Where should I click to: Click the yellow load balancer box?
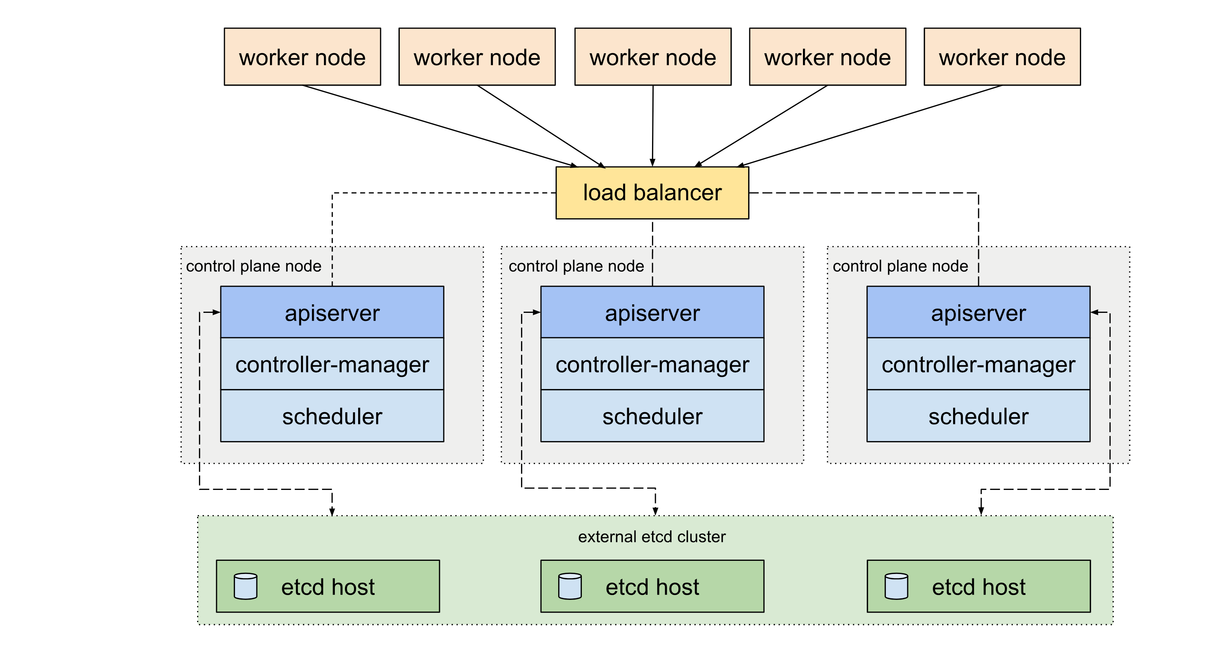pos(652,192)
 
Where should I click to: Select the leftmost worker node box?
pos(302,57)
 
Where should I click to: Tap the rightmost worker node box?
pos(1002,57)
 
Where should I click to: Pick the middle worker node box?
pos(653,57)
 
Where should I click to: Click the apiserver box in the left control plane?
pos(332,312)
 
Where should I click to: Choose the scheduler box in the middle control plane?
pos(652,416)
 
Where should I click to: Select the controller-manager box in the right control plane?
pos(979,364)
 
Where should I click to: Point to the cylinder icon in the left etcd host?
pos(246,586)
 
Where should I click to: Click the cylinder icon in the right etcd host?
pos(896,586)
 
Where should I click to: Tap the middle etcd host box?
pos(652,586)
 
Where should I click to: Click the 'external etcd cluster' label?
pos(652,537)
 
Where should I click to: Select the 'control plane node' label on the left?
pos(254,266)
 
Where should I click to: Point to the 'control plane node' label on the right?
pos(900,266)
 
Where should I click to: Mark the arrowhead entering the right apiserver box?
pos(1095,312)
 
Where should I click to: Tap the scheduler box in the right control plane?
pos(979,416)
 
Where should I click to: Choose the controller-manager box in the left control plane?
pos(332,364)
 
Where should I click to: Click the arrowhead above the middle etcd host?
pos(655,511)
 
